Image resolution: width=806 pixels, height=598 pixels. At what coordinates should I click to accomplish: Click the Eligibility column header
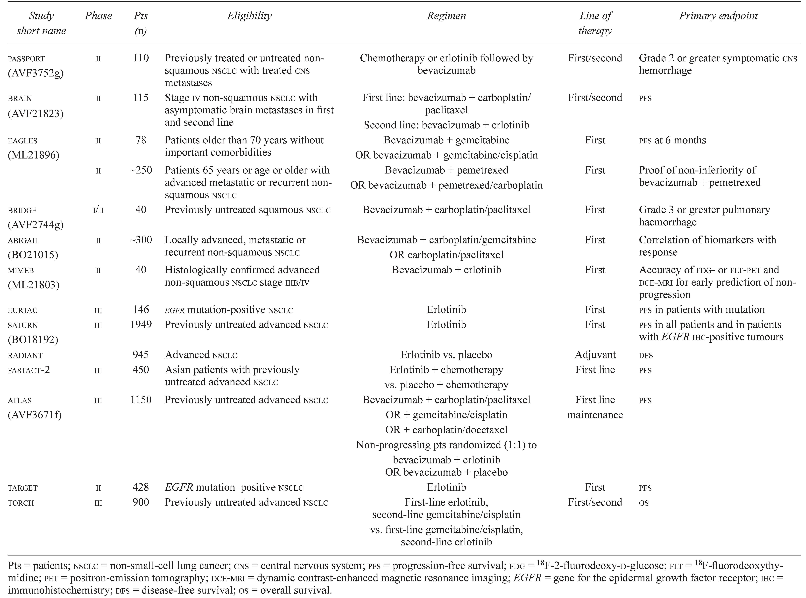[x=249, y=16]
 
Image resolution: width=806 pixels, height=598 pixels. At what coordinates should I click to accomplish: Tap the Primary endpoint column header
[x=718, y=16]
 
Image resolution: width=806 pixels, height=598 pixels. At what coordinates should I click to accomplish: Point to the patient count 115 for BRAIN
[x=141, y=98]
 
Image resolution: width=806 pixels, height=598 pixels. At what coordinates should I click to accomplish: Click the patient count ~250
[x=141, y=170]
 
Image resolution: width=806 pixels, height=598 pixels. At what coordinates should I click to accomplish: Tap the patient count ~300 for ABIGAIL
[x=141, y=240]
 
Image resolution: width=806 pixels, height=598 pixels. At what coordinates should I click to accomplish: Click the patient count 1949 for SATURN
[x=141, y=325]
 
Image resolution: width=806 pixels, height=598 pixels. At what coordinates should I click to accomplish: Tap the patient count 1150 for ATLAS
[x=141, y=400]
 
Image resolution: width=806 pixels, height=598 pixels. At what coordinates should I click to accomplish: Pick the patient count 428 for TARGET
[x=141, y=487]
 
